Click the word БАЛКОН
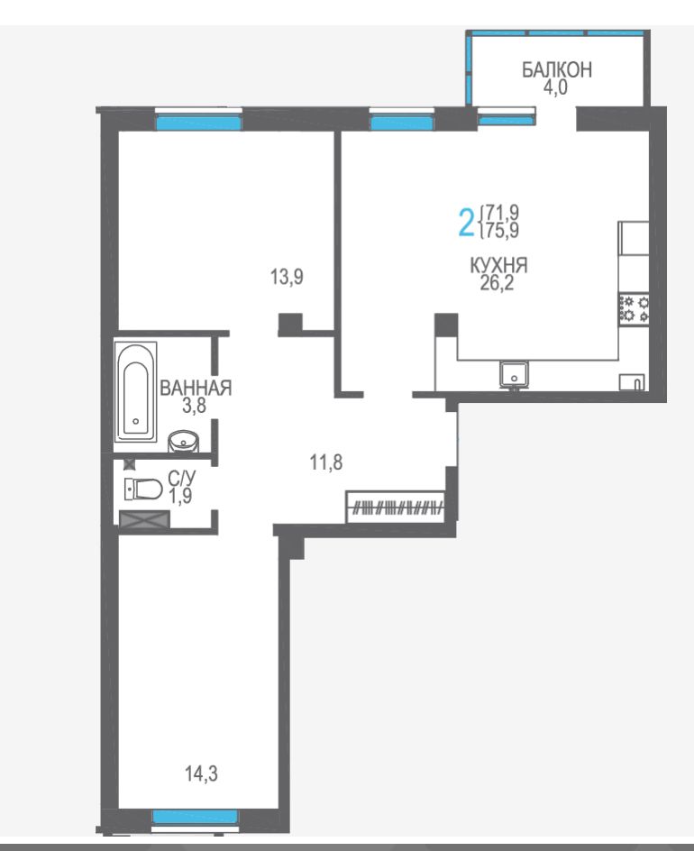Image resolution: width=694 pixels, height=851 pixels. tap(556, 70)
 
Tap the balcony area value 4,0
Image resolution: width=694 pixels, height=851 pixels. tap(555, 87)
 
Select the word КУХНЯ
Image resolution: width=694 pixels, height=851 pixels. tap(498, 265)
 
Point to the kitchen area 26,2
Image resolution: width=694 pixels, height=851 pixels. tap(497, 283)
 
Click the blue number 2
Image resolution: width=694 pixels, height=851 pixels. tap(466, 222)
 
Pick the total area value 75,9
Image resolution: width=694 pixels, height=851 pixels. tap(503, 231)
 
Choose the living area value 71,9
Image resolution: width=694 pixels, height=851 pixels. tap(503, 211)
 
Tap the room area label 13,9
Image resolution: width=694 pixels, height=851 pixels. tap(287, 278)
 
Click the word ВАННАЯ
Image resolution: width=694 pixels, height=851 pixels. tap(196, 388)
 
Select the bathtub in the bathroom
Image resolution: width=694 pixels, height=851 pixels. tap(136, 391)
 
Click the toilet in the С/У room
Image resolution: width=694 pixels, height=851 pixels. tap(143, 489)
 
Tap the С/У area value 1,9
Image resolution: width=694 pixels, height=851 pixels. tap(179, 496)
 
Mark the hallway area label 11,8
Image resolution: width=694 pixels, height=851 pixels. tap(326, 462)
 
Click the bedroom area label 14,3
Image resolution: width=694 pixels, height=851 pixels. tap(201, 773)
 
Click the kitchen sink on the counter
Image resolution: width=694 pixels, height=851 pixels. tap(514, 374)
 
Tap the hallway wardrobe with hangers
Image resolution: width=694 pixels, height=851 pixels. tap(396, 508)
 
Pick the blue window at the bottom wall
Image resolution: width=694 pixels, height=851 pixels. tap(195, 817)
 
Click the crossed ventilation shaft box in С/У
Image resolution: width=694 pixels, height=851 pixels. tap(144, 520)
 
